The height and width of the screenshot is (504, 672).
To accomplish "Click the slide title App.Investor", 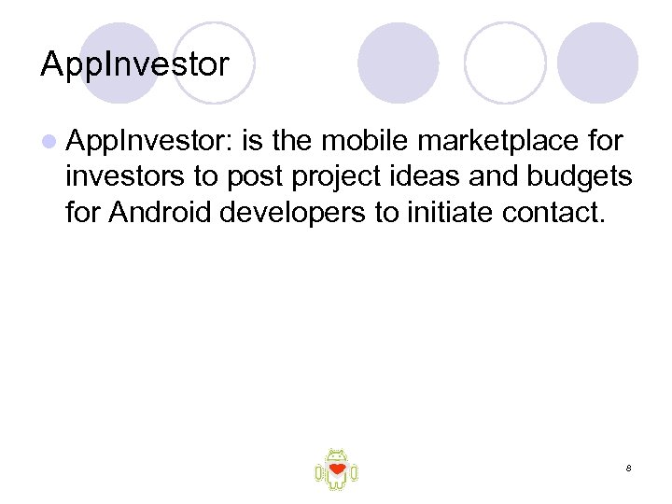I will (x=134, y=65).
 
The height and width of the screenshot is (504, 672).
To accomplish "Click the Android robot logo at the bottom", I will (x=336, y=469).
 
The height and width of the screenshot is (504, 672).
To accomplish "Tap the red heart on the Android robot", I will (x=337, y=468).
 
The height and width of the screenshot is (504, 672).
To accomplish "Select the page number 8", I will (x=629, y=468).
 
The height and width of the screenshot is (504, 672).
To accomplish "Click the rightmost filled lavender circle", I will (x=597, y=63).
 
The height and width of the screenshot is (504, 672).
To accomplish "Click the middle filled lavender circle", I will (x=399, y=63).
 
